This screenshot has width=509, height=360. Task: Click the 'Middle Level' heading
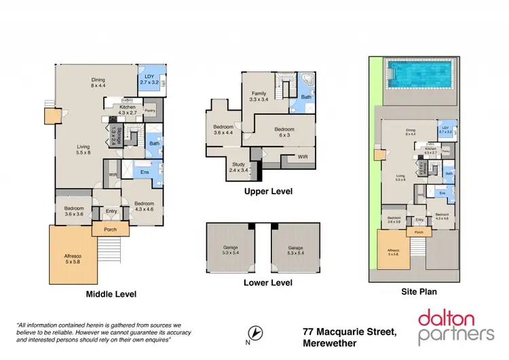(x=111, y=294)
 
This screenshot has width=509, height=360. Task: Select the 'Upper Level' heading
(x=268, y=192)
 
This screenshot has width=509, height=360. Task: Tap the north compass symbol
(x=255, y=334)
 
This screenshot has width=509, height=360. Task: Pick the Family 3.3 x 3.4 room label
(x=259, y=96)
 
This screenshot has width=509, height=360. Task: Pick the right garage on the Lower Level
(x=295, y=250)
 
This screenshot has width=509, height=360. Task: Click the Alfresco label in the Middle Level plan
(x=71, y=257)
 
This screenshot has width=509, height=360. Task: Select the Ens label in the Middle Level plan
(x=144, y=173)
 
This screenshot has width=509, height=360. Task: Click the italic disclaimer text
(x=99, y=333)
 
